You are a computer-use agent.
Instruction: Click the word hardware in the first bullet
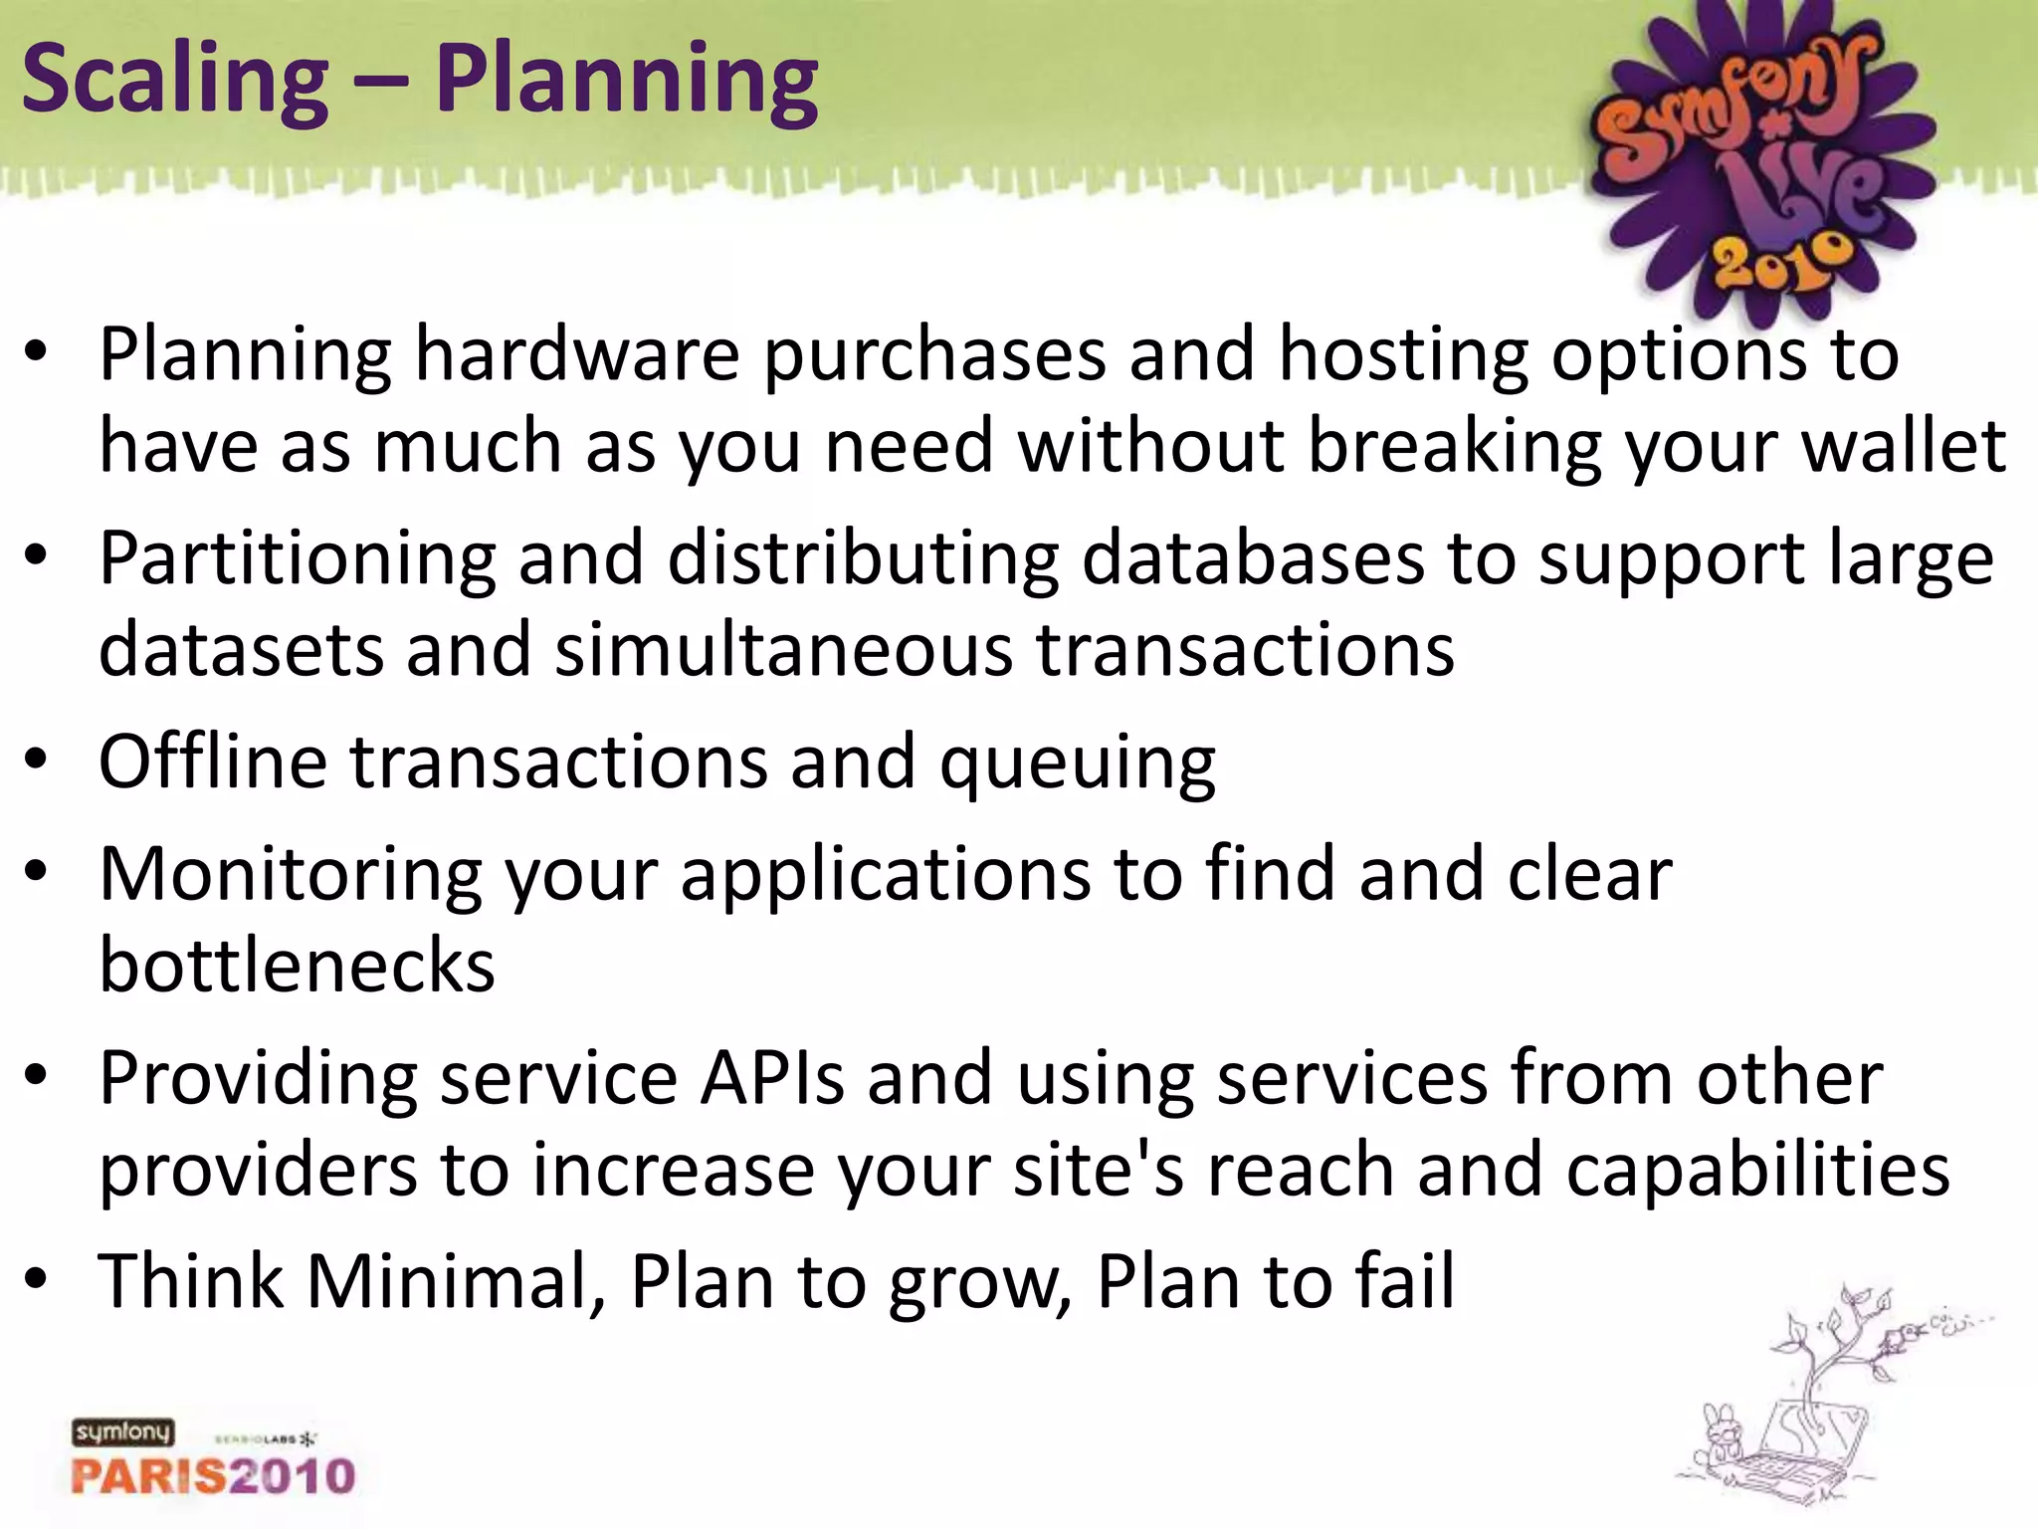[577, 354]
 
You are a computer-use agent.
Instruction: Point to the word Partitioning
[297, 559]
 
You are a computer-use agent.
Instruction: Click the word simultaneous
[784, 650]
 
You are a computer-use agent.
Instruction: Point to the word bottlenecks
[297, 965]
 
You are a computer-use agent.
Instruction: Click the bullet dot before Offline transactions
[37, 762]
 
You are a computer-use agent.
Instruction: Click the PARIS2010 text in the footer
[213, 1475]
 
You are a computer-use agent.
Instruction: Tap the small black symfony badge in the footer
[122, 1431]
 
